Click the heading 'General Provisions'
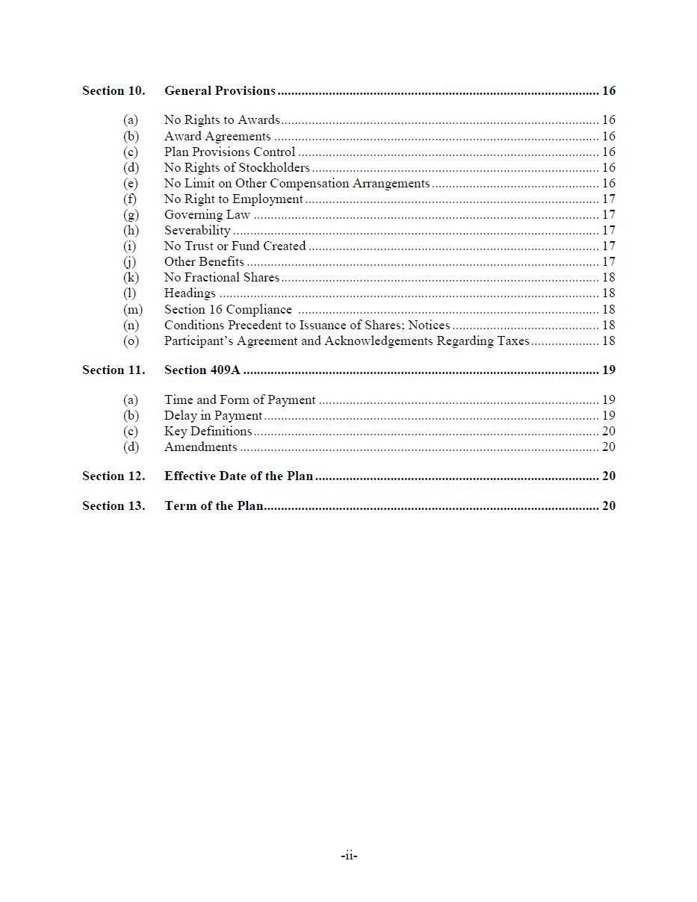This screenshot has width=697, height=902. (x=220, y=91)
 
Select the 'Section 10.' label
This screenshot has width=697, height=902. (x=114, y=91)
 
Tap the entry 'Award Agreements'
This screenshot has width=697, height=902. (x=217, y=137)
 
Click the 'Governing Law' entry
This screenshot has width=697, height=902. (x=207, y=215)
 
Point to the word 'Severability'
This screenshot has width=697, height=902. (x=197, y=231)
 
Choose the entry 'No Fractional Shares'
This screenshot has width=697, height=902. (x=222, y=278)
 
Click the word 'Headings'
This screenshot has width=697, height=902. (x=190, y=293)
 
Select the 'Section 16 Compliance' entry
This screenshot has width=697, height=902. (x=228, y=310)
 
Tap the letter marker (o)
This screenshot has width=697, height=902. (x=131, y=341)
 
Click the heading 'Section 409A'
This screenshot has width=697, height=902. (x=202, y=370)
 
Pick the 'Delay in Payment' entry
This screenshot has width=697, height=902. (x=213, y=416)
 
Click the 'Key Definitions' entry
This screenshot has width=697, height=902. (x=208, y=432)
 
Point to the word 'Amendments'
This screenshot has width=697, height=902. (x=200, y=447)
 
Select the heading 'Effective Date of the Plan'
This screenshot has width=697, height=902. (x=238, y=476)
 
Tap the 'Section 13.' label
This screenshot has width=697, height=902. (x=114, y=506)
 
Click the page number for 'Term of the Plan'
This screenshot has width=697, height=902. (x=608, y=506)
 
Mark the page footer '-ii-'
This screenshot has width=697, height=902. (x=349, y=856)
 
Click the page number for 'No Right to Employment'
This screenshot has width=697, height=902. (x=608, y=199)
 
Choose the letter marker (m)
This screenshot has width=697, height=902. (x=132, y=310)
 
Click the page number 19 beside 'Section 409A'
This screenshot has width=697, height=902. (x=608, y=370)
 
